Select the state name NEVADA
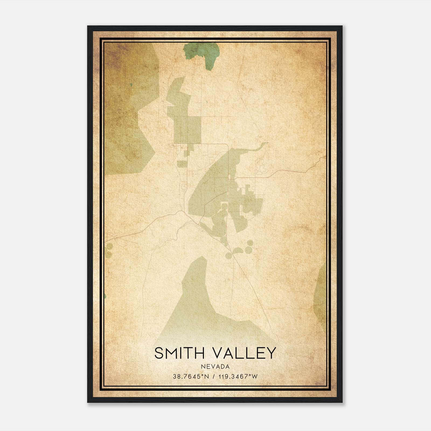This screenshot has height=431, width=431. click(x=215, y=366)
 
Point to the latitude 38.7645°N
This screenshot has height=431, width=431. click(x=191, y=376)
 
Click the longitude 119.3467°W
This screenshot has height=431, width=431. click(x=238, y=376)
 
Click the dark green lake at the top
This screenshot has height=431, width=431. click(x=205, y=54)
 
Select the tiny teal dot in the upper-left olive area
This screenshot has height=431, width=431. click(x=131, y=85)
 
